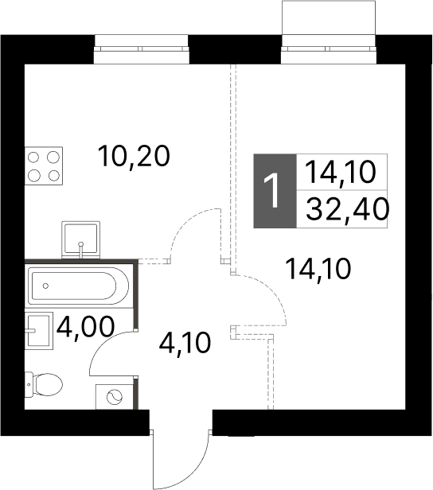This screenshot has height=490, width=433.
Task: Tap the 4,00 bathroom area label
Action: pyautogui.click(x=84, y=326)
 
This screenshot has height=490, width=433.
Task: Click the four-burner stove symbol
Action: pyautogui.click(x=45, y=165)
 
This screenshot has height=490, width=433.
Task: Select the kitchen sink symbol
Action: pyautogui.click(x=82, y=239)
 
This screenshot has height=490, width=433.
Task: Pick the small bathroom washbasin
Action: pyautogui.click(x=38, y=329)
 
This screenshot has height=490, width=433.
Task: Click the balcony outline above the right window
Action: pyautogui.click(x=329, y=17)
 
